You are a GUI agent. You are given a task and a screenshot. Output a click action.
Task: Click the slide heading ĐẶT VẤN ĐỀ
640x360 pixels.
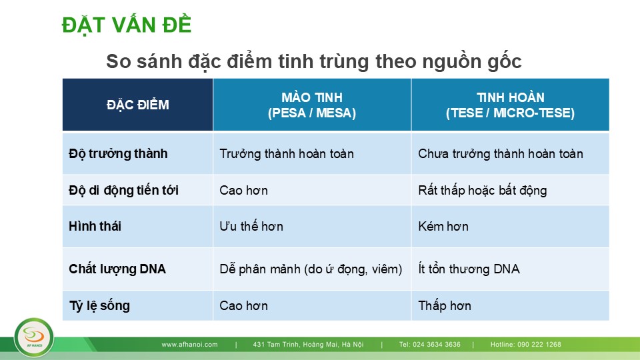pyautogui.click(x=127, y=25)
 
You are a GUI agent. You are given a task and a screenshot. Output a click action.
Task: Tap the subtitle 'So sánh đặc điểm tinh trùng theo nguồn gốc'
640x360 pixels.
pyautogui.click(x=314, y=61)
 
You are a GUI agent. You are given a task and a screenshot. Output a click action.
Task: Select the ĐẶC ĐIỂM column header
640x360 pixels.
pyautogui.click(x=137, y=105)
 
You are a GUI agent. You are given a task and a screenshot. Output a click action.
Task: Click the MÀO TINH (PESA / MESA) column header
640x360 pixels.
pyautogui.click(x=312, y=105)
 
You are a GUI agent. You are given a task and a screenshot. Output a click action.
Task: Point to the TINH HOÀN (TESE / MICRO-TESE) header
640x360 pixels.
pyautogui.click(x=510, y=105)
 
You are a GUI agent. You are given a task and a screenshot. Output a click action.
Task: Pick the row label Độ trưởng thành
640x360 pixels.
pyautogui.click(x=118, y=154)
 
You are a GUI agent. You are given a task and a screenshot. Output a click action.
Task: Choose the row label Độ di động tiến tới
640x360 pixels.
pyautogui.click(x=124, y=190)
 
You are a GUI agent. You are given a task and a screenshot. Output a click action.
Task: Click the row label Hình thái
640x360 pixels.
pyautogui.click(x=95, y=226)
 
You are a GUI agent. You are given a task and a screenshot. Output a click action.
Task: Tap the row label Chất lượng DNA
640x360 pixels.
pyautogui.click(x=117, y=269)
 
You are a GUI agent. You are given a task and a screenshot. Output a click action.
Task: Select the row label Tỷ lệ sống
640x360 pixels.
pyautogui.click(x=99, y=306)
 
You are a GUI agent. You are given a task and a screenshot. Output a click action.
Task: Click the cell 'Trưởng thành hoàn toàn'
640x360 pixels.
pyautogui.click(x=287, y=154)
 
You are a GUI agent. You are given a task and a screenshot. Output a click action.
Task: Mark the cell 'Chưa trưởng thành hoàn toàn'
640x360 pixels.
pyautogui.click(x=501, y=154)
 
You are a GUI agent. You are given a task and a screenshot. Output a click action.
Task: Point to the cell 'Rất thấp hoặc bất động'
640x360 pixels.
pyautogui.click(x=483, y=190)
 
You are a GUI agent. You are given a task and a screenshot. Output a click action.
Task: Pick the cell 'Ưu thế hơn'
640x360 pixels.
pyautogui.click(x=251, y=226)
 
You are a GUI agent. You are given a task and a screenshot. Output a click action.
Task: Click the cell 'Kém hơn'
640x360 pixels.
pyautogui.click(x=443, y=226)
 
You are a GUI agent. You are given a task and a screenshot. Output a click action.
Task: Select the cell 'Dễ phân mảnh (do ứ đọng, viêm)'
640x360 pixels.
pyautogui.click(x=311, y=269)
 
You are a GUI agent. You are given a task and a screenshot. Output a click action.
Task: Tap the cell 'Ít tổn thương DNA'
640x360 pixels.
pyautogui.click(x=469, y=269)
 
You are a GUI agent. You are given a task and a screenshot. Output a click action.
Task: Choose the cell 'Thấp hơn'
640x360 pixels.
pyautogui.click(x=445, y=306)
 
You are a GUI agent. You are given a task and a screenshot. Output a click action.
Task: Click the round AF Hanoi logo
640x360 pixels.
pyautogui.click(x=34, y=337)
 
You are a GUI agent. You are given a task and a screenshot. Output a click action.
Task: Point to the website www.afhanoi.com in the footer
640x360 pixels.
pyautogui.click(x=189, y=345)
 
